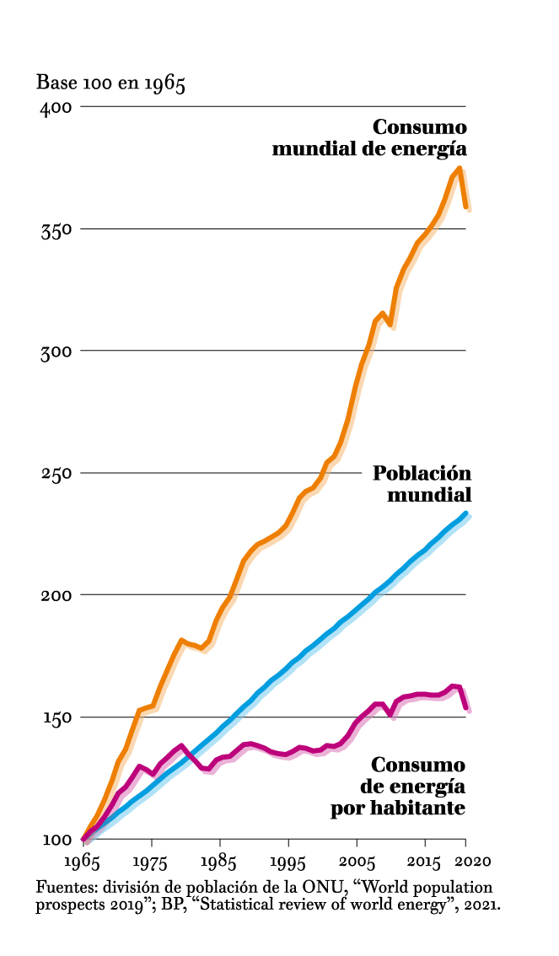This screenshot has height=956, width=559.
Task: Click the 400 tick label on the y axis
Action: click(56, 107)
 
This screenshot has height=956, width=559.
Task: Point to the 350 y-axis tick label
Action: click(56, 229)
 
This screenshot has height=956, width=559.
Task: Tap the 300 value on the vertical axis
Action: click(56, 352)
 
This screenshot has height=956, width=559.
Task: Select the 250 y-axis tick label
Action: click(56, 474)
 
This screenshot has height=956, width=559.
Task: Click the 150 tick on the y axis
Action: click(56, 717)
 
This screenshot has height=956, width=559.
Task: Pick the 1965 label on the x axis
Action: click(83, 862)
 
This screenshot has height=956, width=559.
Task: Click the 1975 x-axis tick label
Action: click(151, 862)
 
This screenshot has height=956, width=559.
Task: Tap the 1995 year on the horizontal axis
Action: click(288, 862)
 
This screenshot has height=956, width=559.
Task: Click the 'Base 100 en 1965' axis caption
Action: click(110, 83)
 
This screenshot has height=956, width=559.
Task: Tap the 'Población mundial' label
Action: click(422, 483)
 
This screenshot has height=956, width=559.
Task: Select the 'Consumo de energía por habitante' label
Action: click(401, 787)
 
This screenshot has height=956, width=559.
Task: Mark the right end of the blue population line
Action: click(465, 513)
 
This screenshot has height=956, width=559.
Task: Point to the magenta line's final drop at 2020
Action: click(466, 710)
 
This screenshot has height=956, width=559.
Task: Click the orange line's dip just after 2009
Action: click(391, 325)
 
